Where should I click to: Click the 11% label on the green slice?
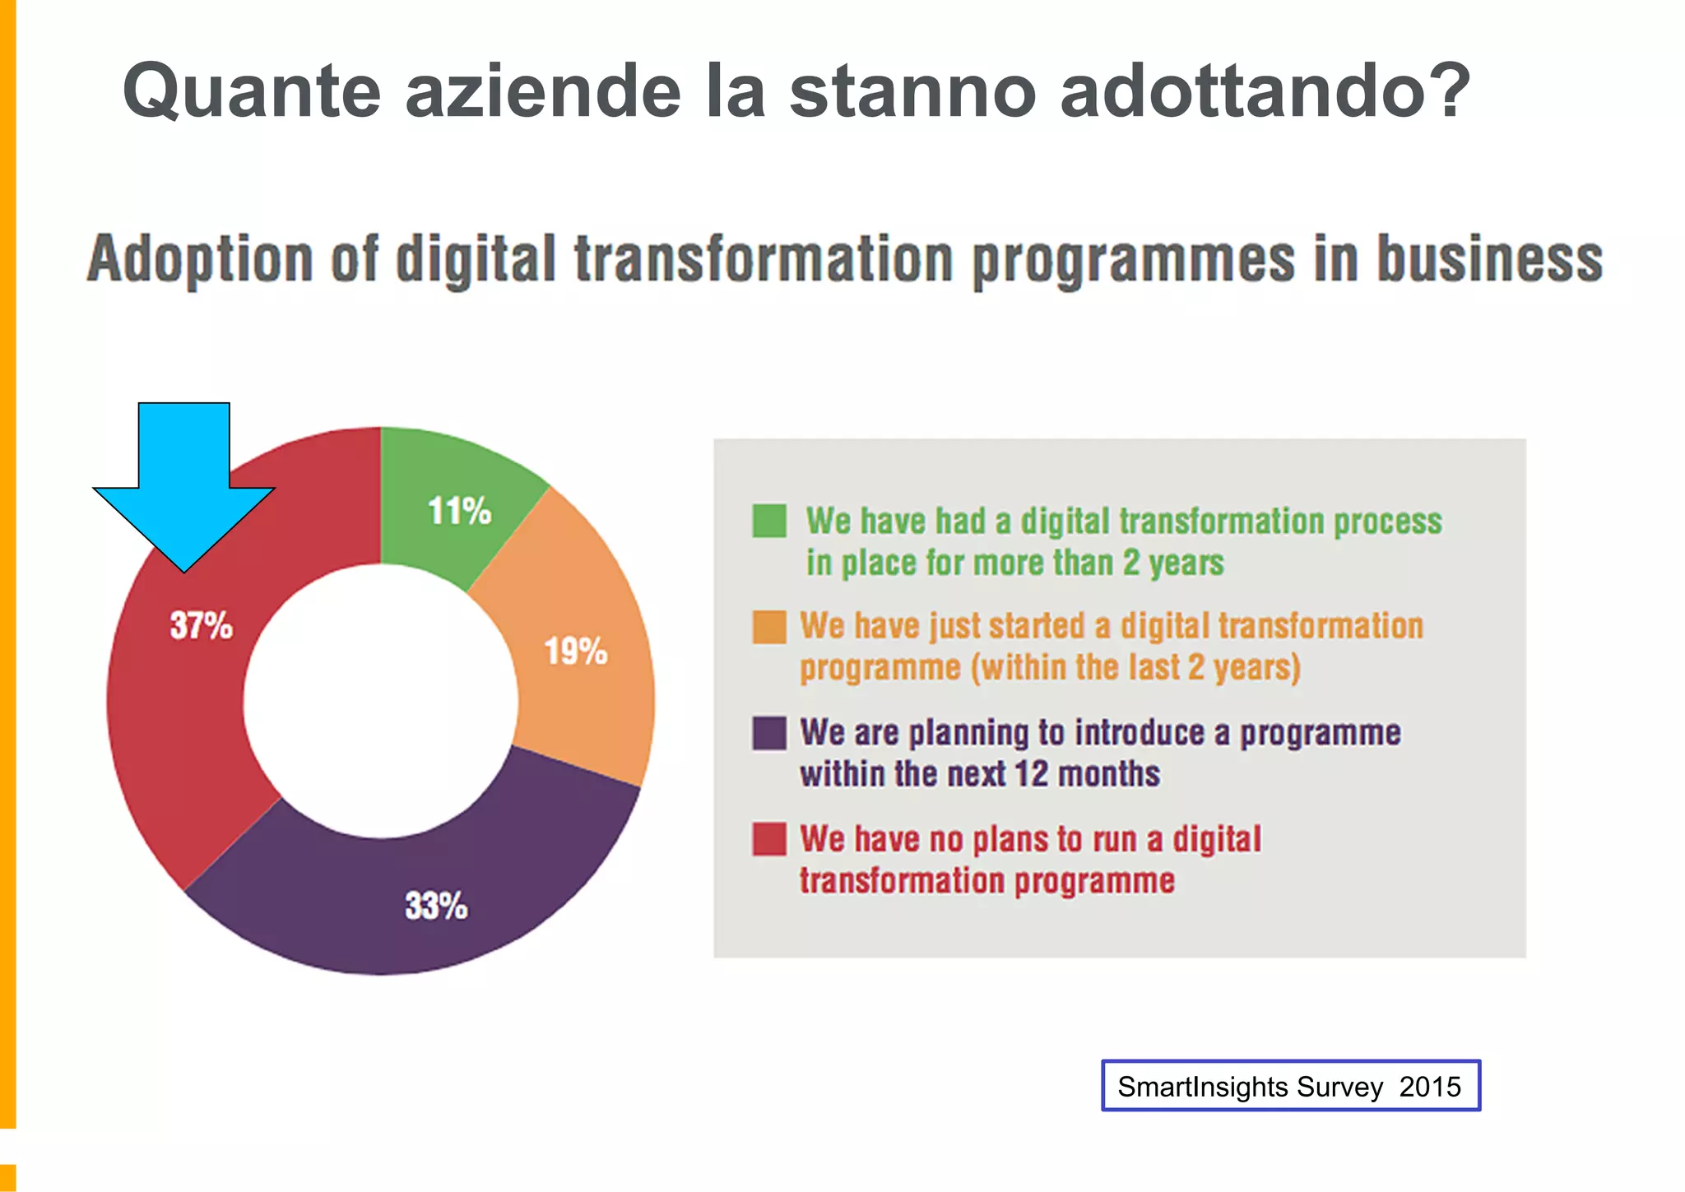[459, 511]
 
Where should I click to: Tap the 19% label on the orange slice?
[576, 652]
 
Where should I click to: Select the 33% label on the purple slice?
[436, 906]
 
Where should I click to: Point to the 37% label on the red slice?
[202, 625]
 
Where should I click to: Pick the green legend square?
[769, 521]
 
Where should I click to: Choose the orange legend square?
[769, 627]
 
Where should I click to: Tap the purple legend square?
[769, 733]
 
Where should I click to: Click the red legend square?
[769, 839]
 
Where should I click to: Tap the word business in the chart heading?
[1490, 259]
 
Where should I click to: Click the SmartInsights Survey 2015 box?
[1290, 1086]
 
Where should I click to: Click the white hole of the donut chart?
[380, 701]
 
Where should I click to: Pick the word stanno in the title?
[912, 90]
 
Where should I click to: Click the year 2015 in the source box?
[1430, 1087]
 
